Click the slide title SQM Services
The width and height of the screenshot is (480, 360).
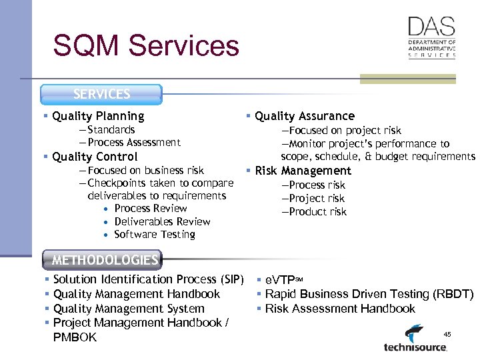145,46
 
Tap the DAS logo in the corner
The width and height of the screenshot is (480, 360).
431,38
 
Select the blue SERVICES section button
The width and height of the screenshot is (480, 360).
101,95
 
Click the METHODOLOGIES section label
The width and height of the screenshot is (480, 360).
105,260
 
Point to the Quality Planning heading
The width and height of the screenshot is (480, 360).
98,116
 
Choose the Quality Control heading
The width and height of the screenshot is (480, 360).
95,157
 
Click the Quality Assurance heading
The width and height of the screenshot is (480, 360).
304,116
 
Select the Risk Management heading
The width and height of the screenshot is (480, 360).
303,171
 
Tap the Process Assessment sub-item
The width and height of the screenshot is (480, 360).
133,142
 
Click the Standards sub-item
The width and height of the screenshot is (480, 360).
111,130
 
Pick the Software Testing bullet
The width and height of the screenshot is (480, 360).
155,235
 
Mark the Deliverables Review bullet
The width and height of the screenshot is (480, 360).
162,221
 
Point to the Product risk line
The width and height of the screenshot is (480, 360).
318,212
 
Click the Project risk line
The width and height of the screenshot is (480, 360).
317,199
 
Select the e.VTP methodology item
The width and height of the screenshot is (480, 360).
283,279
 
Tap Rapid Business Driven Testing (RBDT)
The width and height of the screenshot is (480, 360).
369,294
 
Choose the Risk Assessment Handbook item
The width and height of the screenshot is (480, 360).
339,309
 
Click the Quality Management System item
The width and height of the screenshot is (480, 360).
129,309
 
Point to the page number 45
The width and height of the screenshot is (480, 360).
447,334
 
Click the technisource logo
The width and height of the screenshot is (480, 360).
415,339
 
